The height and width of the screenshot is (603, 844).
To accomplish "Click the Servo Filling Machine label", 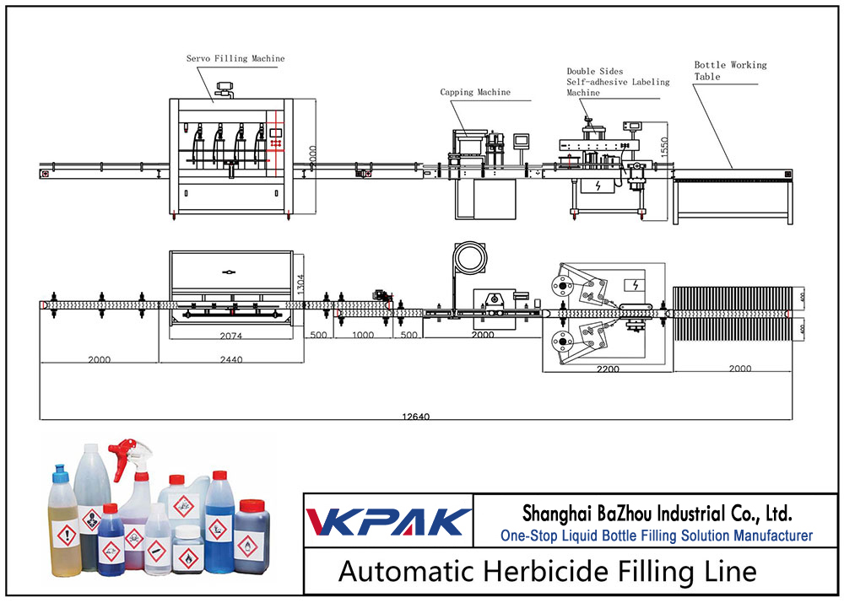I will (235, 59).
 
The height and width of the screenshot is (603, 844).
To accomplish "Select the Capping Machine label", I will (474, 92).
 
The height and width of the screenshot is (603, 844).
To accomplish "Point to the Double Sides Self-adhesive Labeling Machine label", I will (617, 82).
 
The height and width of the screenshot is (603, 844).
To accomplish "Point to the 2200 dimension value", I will (606, 369).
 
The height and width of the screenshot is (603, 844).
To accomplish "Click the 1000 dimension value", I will (362, 336).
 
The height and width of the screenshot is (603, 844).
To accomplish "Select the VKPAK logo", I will (387, 520).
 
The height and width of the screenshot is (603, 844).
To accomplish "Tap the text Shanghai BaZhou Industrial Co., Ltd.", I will (656, 513).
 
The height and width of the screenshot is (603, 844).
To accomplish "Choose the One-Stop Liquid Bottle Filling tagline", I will (656, 536).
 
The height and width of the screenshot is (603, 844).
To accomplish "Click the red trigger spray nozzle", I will (129, 448).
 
